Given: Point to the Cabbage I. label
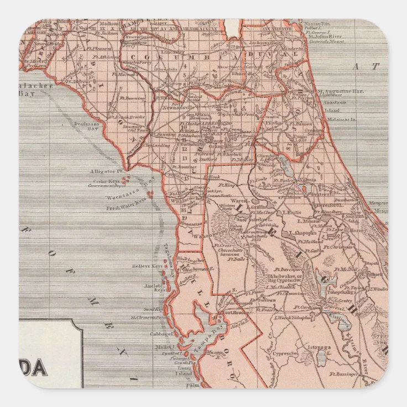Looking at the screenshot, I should pos(160,335).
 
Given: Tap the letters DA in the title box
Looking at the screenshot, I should pos(39,368).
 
